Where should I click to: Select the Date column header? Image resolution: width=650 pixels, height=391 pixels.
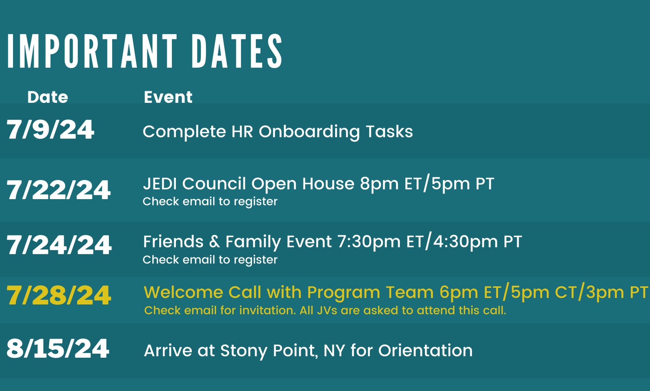click(48, 97)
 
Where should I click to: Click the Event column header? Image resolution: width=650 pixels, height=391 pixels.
click(168, 97)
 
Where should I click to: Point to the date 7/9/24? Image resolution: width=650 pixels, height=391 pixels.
click(50, 130)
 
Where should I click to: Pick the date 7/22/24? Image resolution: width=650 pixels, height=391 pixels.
click(58, 190)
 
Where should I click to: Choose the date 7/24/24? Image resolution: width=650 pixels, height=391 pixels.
click(59, 245)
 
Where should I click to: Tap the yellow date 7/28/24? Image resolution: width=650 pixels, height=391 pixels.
click(58, 295)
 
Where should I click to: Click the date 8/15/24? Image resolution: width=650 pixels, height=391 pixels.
click(58, 348)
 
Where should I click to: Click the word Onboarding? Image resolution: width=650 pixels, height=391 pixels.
click(309, 132)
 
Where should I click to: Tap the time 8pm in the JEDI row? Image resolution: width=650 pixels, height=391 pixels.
click(379, 185)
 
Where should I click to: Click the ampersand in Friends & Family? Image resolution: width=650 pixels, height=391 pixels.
click(214, 242)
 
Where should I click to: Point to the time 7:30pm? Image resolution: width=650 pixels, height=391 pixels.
click(369, 242)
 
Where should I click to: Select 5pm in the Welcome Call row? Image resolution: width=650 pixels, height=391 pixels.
click(530, 293)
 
